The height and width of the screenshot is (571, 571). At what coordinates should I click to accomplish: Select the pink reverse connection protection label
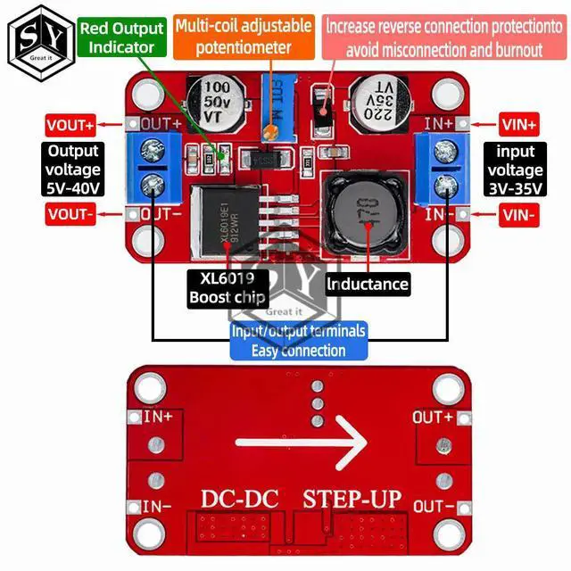[x=433, y=37]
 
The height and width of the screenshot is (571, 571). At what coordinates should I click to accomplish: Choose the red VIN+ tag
[x=518, y=126]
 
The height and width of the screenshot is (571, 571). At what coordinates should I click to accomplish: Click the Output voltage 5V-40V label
[x=73, y=170]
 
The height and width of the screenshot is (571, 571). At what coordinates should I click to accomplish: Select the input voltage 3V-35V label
[x=514, y=170]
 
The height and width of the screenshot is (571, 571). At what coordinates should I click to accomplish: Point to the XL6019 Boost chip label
[x=228, y=287]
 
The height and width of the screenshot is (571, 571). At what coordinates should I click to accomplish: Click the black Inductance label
[x=367, y=285]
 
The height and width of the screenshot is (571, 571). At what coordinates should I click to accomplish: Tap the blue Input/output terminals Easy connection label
[x=298, y=340]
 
